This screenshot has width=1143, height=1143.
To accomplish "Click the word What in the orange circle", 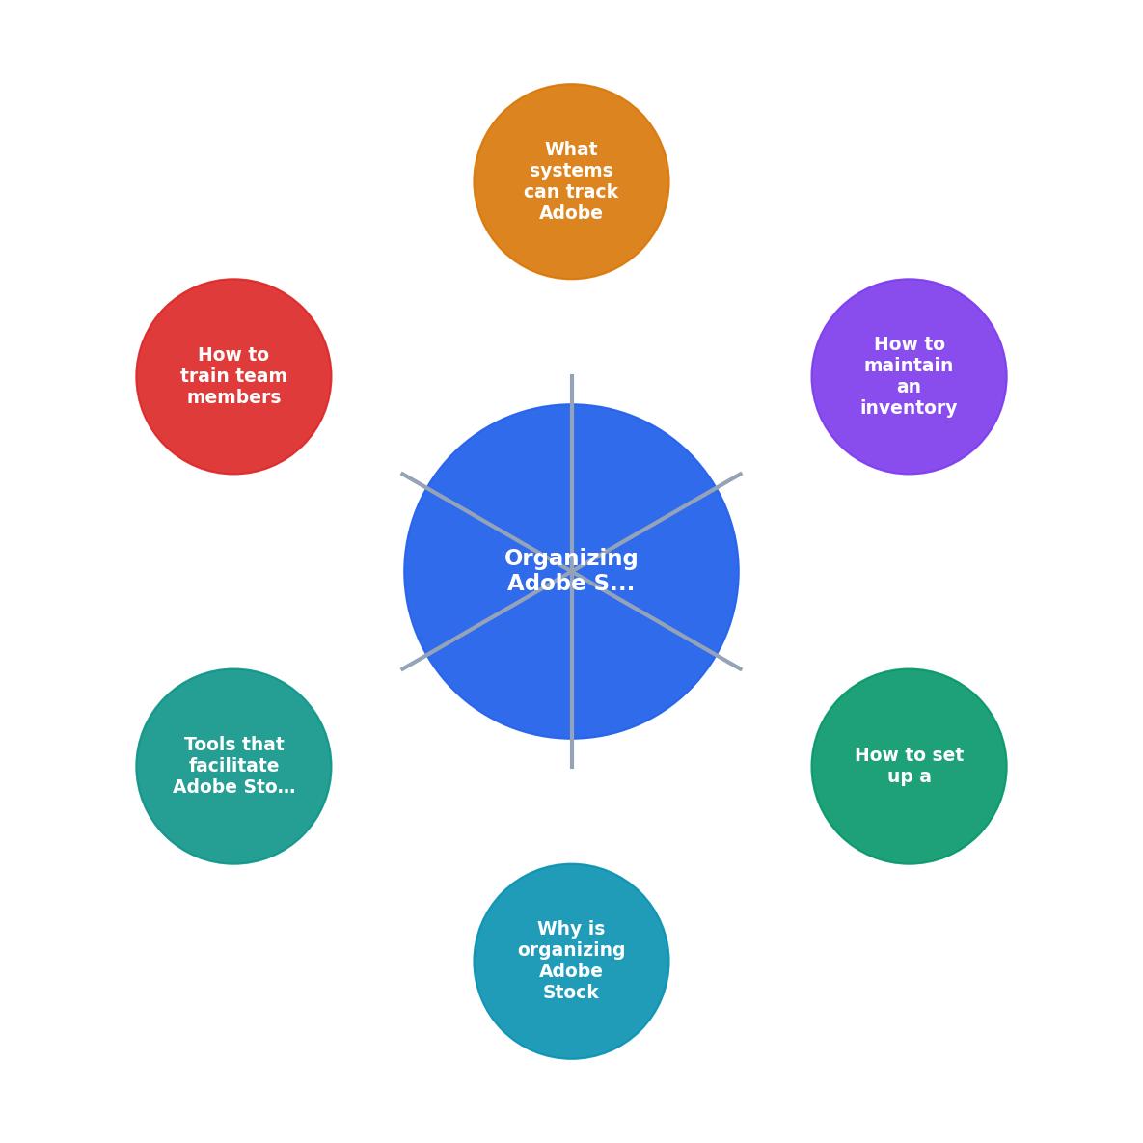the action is point(571,150).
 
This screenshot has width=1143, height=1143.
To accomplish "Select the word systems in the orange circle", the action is point(571,171).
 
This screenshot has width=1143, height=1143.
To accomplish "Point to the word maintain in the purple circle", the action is point(909,366).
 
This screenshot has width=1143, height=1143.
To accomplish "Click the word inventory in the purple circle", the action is point(909,407).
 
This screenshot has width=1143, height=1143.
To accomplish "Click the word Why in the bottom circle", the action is point(552,929).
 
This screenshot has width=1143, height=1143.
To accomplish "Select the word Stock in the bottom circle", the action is point(571,993).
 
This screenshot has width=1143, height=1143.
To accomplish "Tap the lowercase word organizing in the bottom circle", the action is point(571,950).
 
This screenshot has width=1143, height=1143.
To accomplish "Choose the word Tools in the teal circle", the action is point(205,745).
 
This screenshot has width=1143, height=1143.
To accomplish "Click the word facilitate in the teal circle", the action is point(233,766).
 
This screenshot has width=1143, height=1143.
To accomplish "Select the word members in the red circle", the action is point(233,397).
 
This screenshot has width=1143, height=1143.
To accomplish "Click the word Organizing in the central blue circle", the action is point(571,558).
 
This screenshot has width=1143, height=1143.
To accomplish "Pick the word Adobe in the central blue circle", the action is point(547,584).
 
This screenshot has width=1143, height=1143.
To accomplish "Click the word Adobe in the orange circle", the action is point(571,213).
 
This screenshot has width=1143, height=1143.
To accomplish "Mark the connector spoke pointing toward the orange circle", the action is point(571,473).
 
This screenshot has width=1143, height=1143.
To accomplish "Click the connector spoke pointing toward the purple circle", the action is point(657,523).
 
